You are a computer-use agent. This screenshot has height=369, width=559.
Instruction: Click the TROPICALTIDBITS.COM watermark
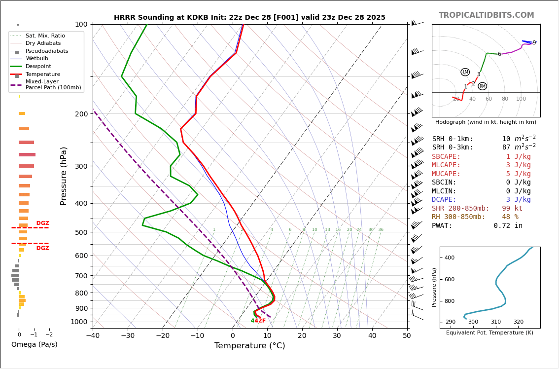click(486, 15)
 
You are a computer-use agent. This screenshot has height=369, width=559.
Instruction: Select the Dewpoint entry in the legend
click(38, 66)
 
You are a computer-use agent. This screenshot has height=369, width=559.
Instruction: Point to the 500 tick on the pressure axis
click(81, 232)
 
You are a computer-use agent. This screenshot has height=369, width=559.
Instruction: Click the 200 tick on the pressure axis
click(81, 114)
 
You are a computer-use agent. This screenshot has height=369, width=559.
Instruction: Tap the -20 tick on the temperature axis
click(163, 336)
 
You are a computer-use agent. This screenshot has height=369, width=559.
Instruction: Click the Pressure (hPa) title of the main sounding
click(64, 176)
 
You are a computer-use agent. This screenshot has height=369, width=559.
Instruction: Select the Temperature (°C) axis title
click(249, 346)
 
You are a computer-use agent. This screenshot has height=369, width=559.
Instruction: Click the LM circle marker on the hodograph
click(465, 72)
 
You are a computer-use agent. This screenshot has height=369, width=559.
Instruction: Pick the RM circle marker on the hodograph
click(482, 86)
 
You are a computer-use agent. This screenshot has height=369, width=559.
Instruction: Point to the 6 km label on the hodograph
click(499, 54)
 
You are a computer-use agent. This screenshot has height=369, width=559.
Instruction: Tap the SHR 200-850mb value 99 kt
click(512, 208)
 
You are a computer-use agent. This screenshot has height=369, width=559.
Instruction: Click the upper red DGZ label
click(43, 223)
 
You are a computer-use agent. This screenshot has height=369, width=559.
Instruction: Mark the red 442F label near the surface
click(258, 321)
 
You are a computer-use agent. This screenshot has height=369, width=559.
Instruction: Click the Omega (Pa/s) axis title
click(35, 344)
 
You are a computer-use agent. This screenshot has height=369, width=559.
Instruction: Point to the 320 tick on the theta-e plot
click(518, 322)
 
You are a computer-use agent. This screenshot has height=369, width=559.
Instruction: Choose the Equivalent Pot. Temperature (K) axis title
click(489, 333)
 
